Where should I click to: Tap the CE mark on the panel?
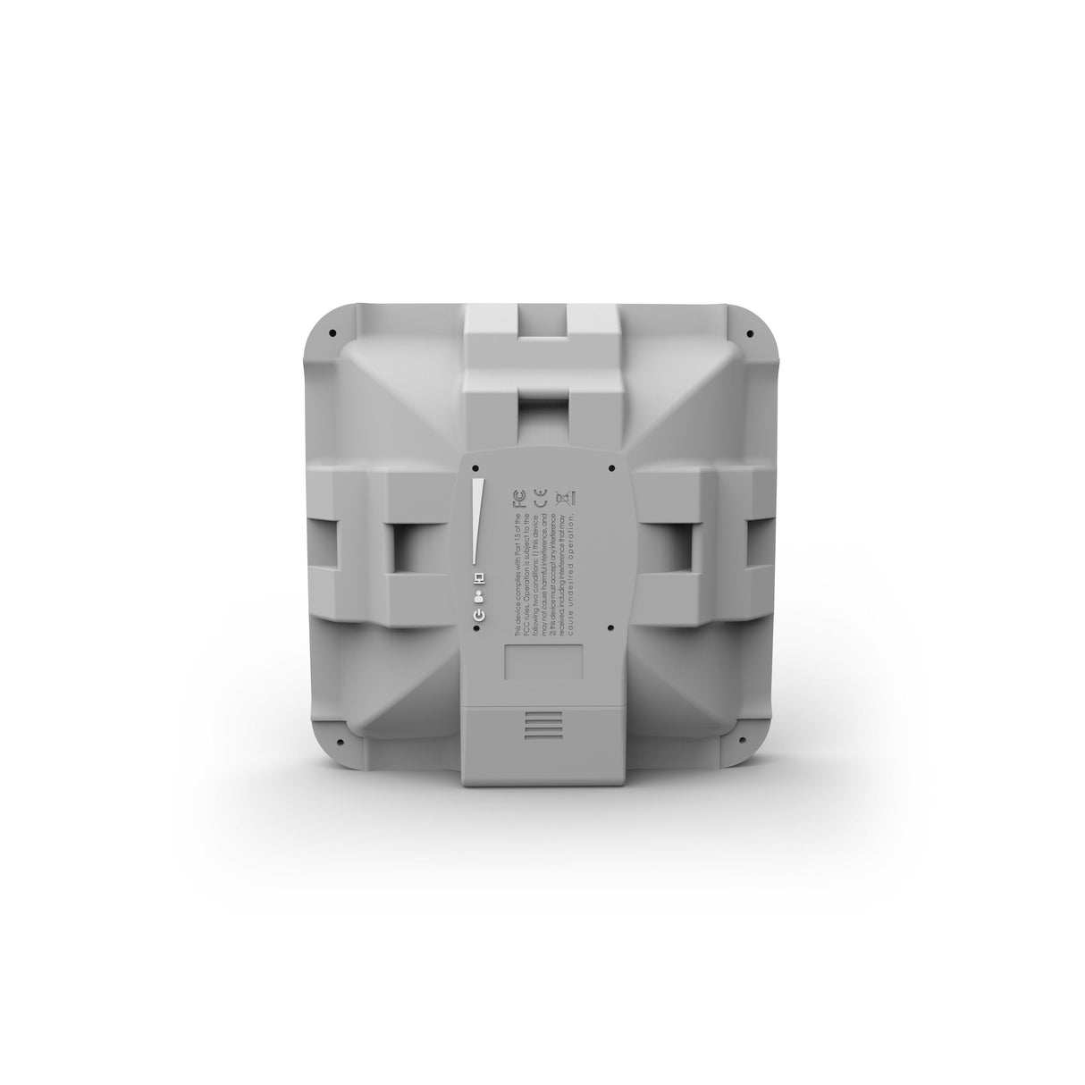coord(540,498)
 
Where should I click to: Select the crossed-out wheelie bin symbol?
coord(565,499)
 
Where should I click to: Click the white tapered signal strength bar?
coord(479,522)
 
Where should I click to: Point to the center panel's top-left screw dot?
coord(475,467)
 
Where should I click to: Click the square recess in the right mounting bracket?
coord(677,547)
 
